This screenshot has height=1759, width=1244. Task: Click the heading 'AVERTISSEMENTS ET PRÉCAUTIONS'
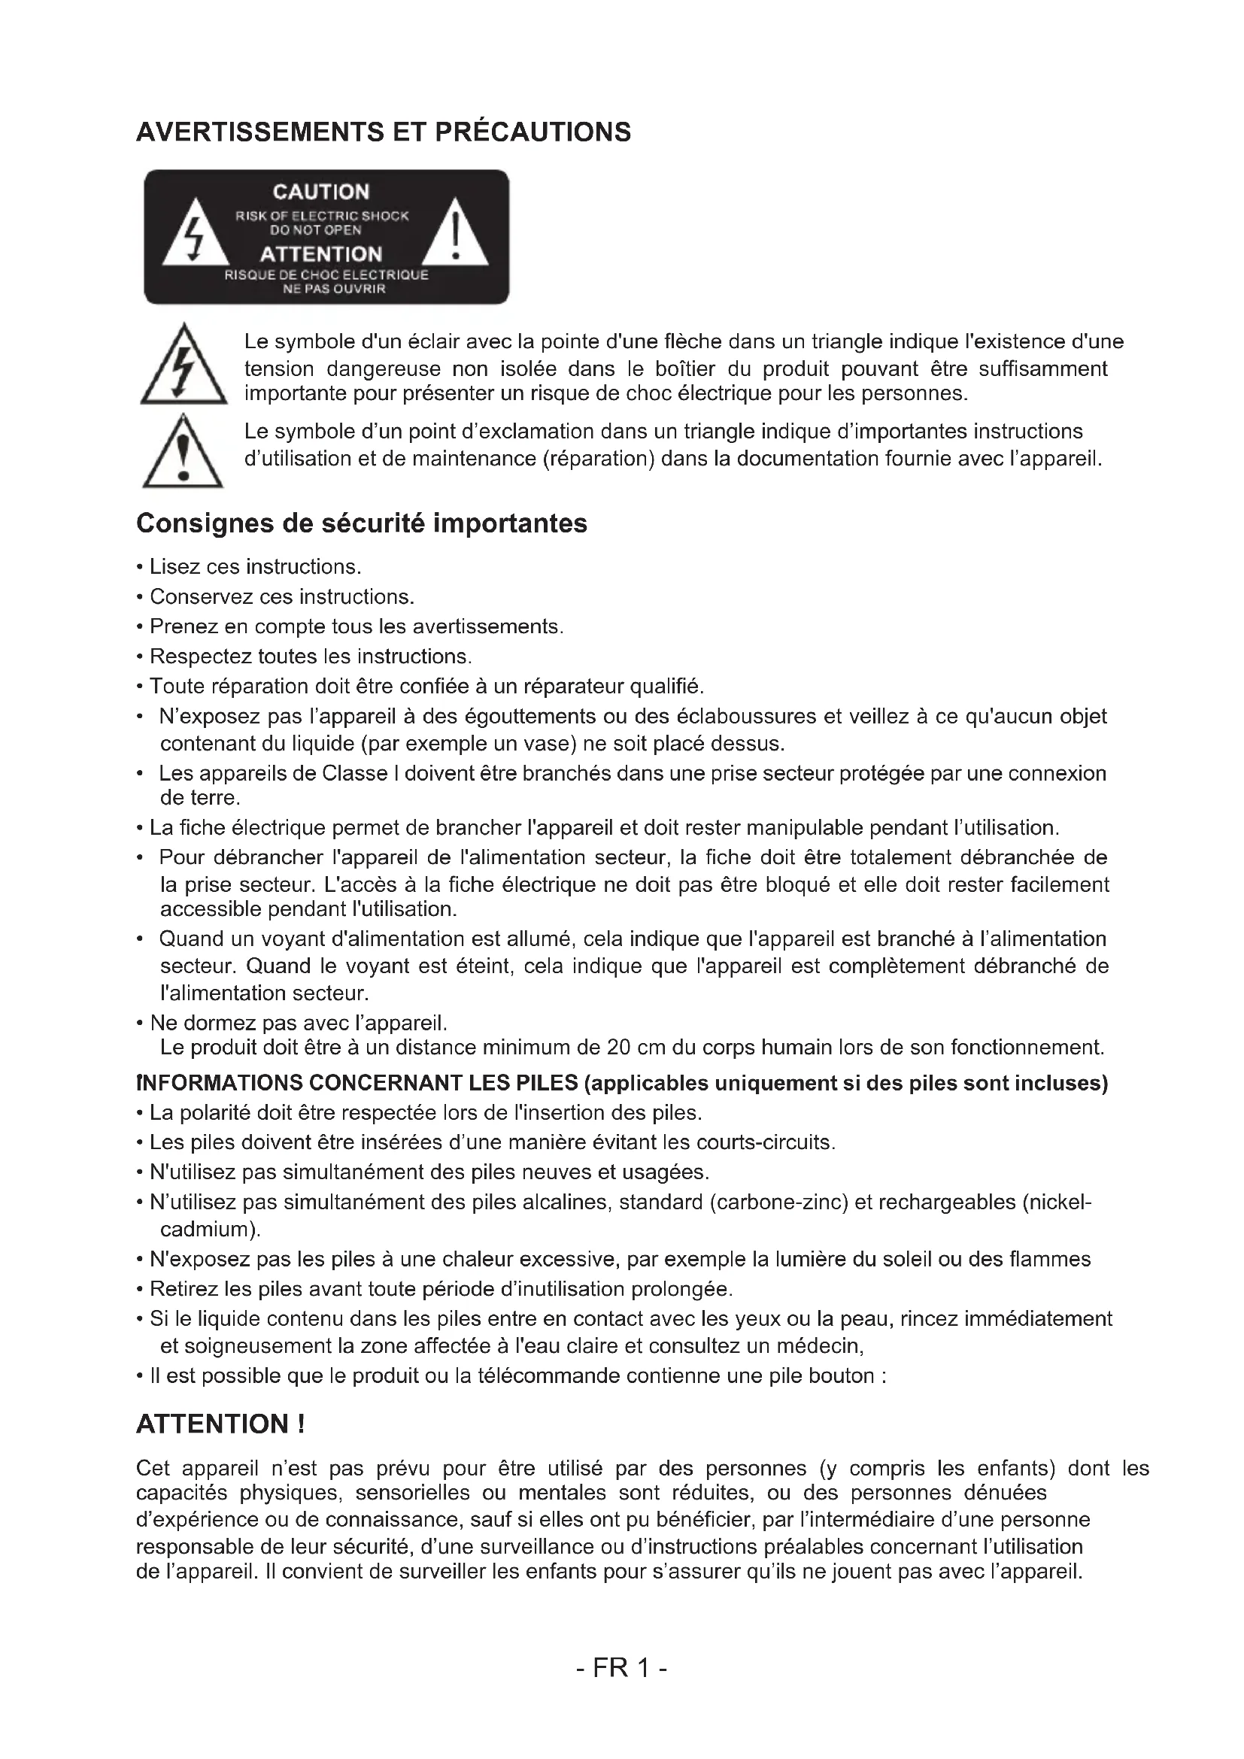click(383, 132)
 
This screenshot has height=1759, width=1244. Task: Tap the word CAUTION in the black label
click(321, 192)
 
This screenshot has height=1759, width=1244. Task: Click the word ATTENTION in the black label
click(321, 253)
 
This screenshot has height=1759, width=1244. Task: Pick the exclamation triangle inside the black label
click(456, 234)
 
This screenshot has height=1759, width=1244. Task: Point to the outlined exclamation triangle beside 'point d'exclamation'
click(183, 453)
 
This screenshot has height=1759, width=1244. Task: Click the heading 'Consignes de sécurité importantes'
click(362, 523)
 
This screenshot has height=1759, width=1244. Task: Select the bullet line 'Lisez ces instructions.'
click(255, 567)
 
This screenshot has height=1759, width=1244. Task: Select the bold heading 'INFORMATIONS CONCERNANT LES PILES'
click(357, 1083)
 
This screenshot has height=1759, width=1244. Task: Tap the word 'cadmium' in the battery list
click(207, 1230)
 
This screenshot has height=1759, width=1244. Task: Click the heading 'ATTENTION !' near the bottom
click(220, 1424)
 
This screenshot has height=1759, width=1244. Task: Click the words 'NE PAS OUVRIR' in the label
click(334, 289)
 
